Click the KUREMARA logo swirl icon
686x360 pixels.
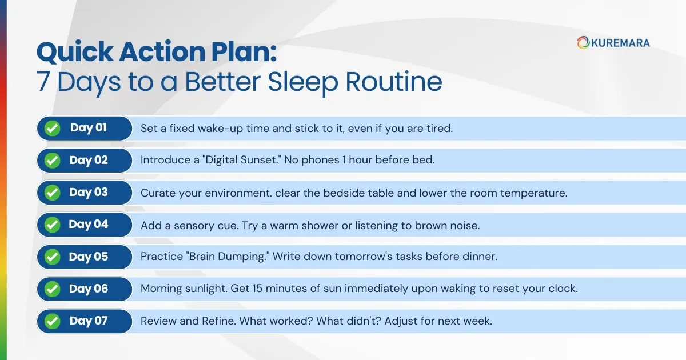click(583, 42)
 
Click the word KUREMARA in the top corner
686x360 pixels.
click(620, 42)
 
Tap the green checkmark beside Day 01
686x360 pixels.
click(53, 128)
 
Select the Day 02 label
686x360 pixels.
click(89, 160)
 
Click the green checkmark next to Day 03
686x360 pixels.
click(53, 193)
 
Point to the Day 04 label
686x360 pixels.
click(89, 225)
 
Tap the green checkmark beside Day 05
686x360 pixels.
click(53, 257)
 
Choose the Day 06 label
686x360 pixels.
click(89, 289)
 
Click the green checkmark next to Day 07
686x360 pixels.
click(53, 321)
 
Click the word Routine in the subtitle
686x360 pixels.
click(394, 82)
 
